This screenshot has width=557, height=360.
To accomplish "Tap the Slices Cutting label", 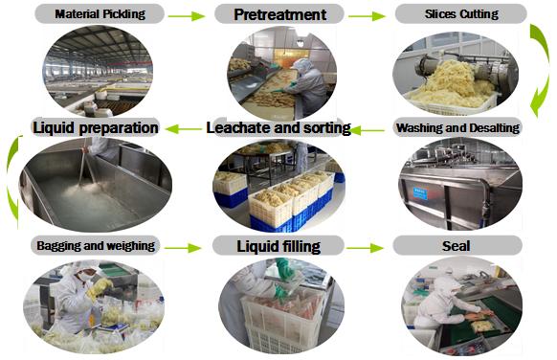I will tap(460, 14).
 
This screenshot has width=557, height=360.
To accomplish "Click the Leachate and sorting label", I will tap(278, 127).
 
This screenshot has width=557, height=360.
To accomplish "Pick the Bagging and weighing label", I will tap(94, 246).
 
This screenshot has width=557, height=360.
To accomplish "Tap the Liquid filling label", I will tap(278, 246).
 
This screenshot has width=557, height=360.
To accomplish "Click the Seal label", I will tap(458, 246).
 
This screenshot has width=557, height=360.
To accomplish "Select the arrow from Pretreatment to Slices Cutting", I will tap(367, 15).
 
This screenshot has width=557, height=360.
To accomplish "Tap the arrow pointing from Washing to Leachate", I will tap(373, 127).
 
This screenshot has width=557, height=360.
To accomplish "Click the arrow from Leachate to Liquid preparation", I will tap(187, 127).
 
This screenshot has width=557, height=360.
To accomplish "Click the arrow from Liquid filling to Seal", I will tap(367, 247).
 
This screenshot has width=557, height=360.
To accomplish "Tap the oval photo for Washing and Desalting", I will tap(457, 182).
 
